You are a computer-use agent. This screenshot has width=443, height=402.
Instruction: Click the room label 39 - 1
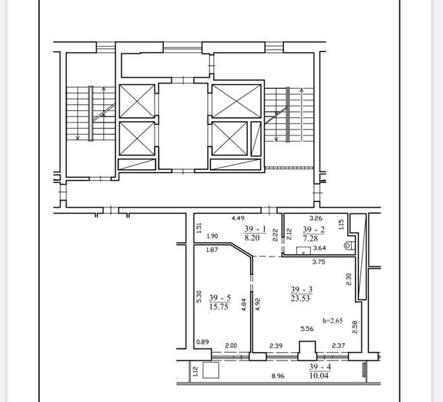pos(256,229)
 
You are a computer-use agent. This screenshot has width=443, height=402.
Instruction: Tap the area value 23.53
pos(301,299)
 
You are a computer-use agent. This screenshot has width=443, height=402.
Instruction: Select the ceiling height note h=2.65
pos(333,321)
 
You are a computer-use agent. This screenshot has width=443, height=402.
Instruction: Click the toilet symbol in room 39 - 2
pos(349,245)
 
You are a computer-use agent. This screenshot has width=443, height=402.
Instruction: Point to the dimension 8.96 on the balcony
pos(278,376)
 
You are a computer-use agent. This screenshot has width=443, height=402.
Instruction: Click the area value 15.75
pos(219,307)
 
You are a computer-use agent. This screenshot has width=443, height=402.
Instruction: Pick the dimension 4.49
pos(238,218)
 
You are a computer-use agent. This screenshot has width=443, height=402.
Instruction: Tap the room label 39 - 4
pos(320,367)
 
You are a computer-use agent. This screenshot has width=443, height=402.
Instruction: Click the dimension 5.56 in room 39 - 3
pos(307,328)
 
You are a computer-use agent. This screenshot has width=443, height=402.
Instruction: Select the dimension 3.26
pos(316,218)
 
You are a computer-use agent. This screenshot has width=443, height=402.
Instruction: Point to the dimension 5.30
pos(199,297)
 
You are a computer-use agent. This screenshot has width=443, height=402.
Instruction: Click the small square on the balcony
pos(211,370)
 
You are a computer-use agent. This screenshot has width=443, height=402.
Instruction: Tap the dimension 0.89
pos(203,342)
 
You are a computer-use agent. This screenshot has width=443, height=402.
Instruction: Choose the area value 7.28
pos(311,238)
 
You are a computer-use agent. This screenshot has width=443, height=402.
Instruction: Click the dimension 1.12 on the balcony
pos(195,371)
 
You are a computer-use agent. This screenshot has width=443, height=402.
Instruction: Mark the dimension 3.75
pos(319,262)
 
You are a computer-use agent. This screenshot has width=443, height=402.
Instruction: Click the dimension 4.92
pos(257,304)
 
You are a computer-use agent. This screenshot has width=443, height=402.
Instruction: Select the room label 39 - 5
pos(220,298)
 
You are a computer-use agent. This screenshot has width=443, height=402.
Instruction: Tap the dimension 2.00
pos(231,345)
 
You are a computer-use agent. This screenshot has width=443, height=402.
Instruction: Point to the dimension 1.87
pos(212,250)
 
